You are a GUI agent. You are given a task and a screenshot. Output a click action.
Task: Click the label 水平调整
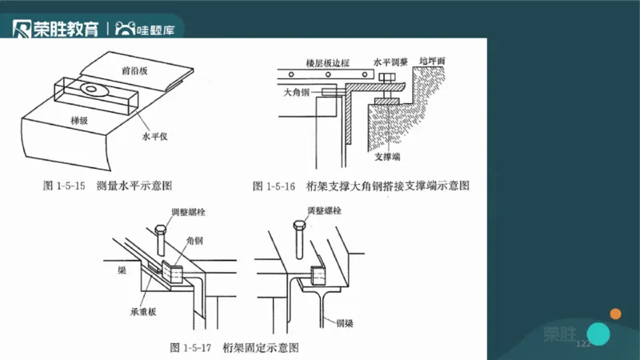(390, 61)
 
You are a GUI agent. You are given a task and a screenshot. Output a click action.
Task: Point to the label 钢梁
(346, 322)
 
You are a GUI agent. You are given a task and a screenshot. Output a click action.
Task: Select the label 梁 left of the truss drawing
(121, 271)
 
